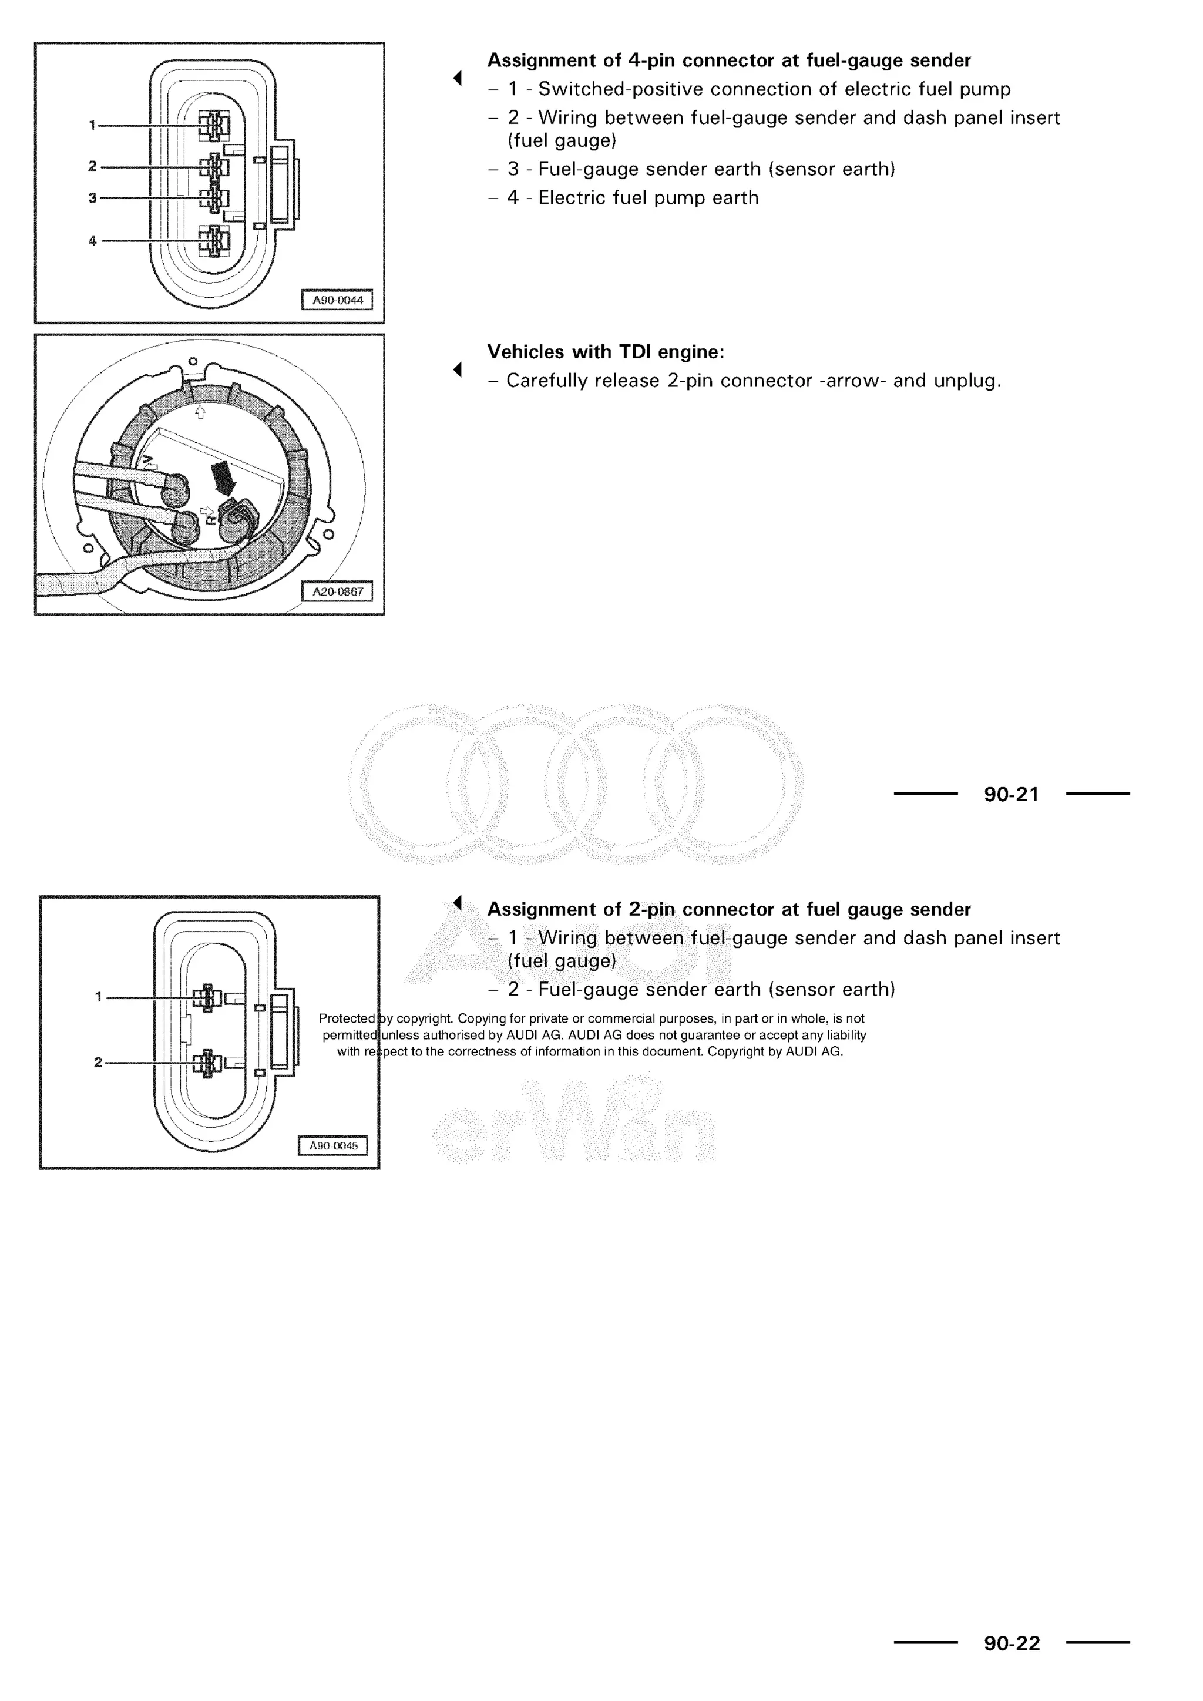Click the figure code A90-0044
point(337,300)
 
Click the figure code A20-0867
point(337,592)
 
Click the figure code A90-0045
point(333,1145)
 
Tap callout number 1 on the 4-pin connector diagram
point(93,125)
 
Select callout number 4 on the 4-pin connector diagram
point(93,240)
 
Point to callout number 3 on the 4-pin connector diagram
point(93,198)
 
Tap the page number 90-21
point(1011,794)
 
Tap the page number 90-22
point(1011,1643)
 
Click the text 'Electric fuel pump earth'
point(648,198)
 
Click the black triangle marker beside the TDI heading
point(458,368)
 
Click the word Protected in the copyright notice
point(347,1018)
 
